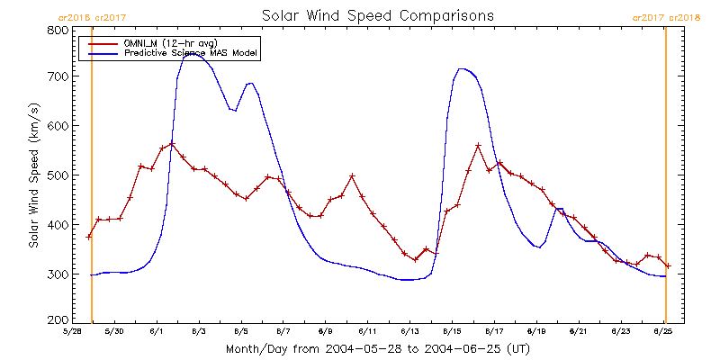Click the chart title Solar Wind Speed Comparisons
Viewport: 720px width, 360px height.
pos(377,15)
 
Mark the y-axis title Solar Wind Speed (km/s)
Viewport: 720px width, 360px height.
pos(33,175)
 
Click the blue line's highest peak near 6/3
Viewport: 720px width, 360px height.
pos(193,56)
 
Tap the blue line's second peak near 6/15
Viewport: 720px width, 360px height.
pos(462,68)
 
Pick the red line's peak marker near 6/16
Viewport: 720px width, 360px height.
pos(478,146)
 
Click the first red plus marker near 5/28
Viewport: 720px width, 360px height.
pos(88,237)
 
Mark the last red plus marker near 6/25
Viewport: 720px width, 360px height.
pos(669,265)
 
